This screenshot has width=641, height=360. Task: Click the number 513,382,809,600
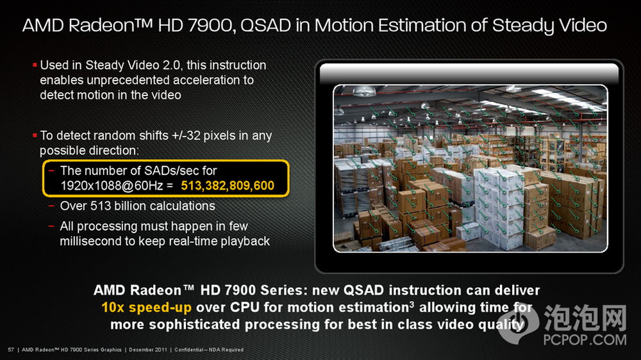click(228, 186)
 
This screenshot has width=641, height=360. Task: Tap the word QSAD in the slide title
click(266, 26)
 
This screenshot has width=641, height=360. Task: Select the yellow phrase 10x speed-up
click(146, 307)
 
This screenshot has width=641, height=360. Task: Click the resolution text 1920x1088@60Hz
click(112, 186)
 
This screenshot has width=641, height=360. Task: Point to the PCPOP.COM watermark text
click(585, 340)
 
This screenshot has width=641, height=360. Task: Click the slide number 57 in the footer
click(11, 350)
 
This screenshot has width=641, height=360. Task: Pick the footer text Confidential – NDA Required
click(209, 350)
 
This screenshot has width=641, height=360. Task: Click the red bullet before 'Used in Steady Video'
click(35, 65)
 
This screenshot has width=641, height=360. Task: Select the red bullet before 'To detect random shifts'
click(35, 135)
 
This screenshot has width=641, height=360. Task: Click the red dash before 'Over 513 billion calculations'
click(51, 206)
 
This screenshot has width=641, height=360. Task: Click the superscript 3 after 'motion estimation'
click(412, 304)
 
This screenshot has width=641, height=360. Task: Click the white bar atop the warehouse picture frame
click(469, 74)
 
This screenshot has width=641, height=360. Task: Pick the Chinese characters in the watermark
click(585, 318)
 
